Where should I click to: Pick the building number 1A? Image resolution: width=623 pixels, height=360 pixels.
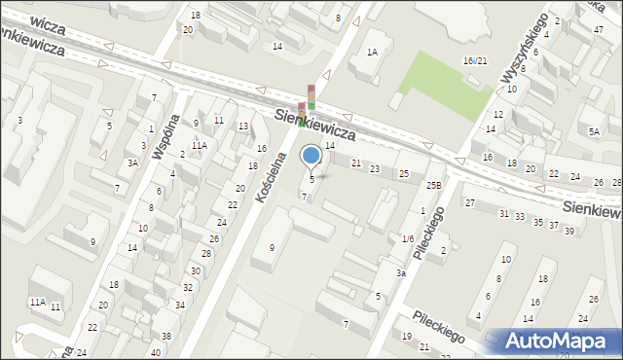coord(372,53)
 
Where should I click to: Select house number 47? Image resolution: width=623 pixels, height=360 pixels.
coord(598,30)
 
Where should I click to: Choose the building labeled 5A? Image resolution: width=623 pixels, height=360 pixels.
coord(594,131)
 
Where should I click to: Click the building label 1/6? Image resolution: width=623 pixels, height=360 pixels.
coord(408,238)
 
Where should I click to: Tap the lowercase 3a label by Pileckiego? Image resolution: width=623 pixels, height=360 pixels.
coord(400,273)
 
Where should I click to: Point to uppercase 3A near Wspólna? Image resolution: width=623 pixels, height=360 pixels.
coord(131,163)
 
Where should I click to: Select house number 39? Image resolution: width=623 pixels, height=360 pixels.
coord(569,231)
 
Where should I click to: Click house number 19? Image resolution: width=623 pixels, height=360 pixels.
coord(407,336)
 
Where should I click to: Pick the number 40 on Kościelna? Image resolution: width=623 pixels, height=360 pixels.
coord(157,352)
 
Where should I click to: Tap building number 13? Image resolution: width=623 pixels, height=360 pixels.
coord(242,126)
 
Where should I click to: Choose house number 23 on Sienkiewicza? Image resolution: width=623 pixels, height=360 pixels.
coord(375,168)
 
